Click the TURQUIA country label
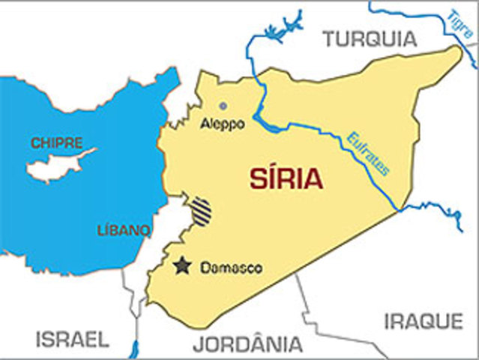tap(368, 38)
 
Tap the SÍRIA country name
tap(286, 179)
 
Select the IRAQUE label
tap(423, 322)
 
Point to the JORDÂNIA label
tap(247, 344)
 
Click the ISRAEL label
tap(72, 339)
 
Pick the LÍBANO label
tap(124, 229)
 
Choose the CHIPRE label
tap(57, 142)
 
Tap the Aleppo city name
tap(223, 124)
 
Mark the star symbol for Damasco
tap(182, 265)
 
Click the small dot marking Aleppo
tap(223, 106)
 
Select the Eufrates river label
tap(367, 154)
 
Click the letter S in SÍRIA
tap(259, 179)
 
